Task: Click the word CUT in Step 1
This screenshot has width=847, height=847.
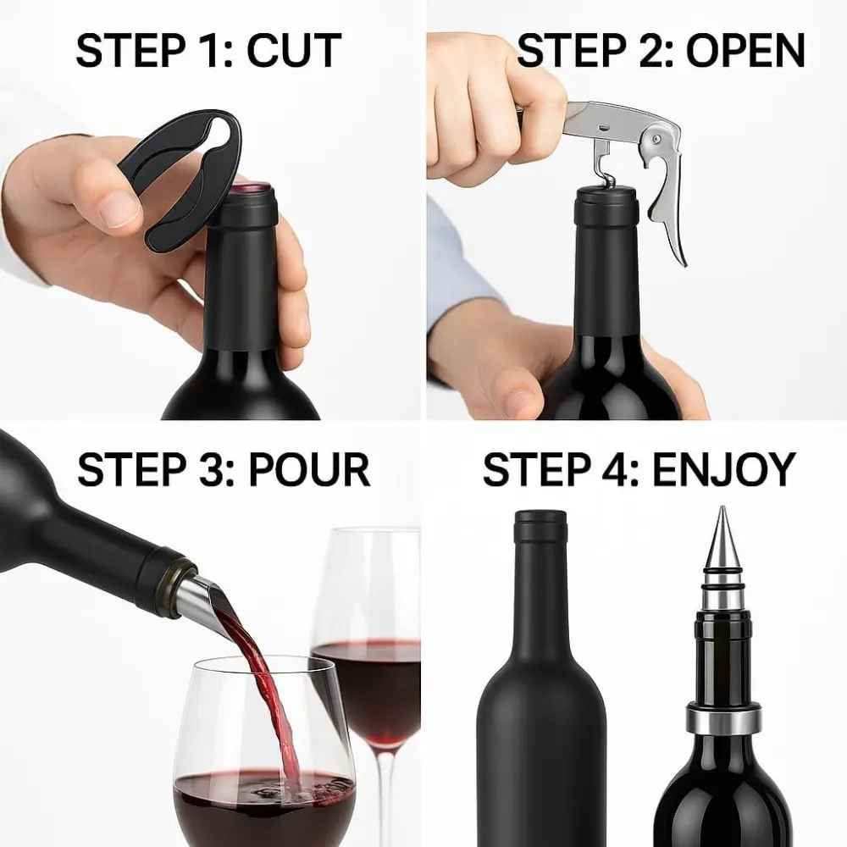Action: click(x=295, y=50)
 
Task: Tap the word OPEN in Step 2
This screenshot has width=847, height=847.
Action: click(x=745, y=50)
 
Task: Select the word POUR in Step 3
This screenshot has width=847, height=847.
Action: click(x=309, y=469)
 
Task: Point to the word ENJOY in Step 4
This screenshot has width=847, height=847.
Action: click(x=724, y=469)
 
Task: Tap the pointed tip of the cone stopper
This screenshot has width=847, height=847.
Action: click(x=721, y=507)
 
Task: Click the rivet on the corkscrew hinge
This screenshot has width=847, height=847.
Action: click(x=656, y=140)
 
